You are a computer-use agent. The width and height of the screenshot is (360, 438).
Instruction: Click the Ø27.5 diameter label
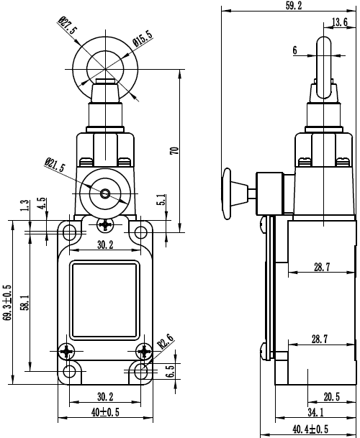tap(68, 26)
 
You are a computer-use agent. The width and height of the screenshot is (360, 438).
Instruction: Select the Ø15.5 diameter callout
tap(143, 39)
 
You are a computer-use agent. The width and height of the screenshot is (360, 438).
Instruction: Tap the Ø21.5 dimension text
tap(55, 165)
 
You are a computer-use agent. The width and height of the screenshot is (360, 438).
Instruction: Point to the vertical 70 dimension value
tap(174, 150)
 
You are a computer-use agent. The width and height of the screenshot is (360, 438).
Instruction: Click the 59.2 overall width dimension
tap(294, 6)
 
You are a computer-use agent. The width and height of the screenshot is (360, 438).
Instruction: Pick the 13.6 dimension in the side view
tap(340, 22)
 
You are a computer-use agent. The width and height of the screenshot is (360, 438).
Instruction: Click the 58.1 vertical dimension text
tap(25, 302)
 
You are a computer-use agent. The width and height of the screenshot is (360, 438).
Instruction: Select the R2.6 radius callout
tap(166, 341)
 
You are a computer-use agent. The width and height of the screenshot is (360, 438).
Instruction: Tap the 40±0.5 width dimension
tap(105, 412)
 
